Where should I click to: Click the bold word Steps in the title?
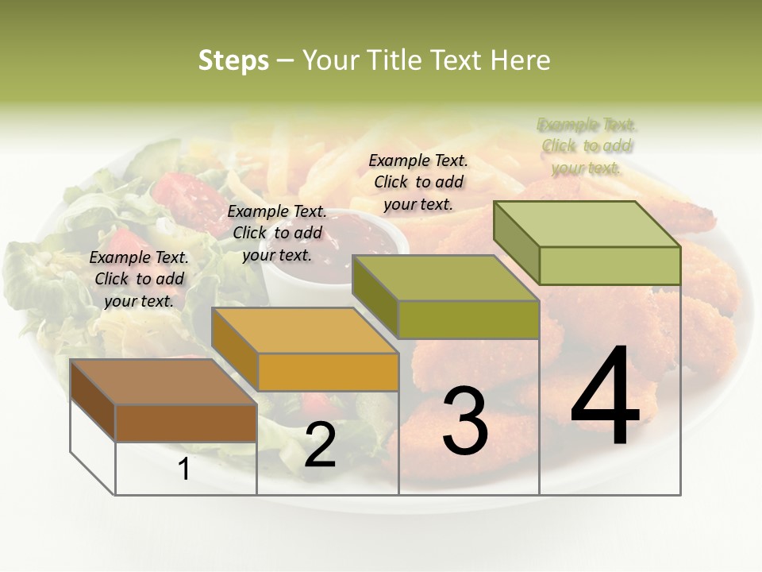[x=233, y=60]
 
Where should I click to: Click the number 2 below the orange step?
[x=320, y=445]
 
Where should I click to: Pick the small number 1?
[x=184, y=470]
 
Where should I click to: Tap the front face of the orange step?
[x=328, y=372]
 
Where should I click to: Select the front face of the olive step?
[x=468, y=319]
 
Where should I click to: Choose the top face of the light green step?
[x=587, y=223]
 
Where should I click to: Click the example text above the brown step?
[x=140, y=279]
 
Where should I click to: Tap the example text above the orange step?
[x=277, y=233]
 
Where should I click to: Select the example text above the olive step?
[x=418, y=182]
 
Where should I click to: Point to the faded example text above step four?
[x=587, y=146]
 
